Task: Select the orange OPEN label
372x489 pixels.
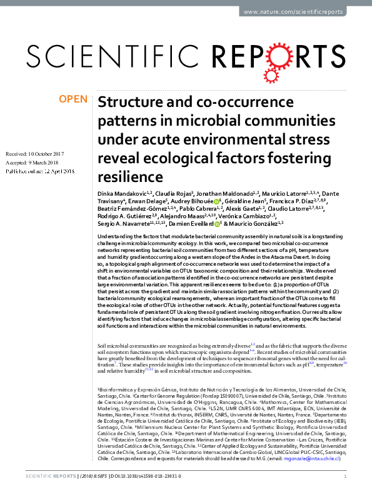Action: pyautogui.click(x=73, y=99)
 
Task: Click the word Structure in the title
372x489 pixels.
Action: pyautogui.click(x=132, y=103)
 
